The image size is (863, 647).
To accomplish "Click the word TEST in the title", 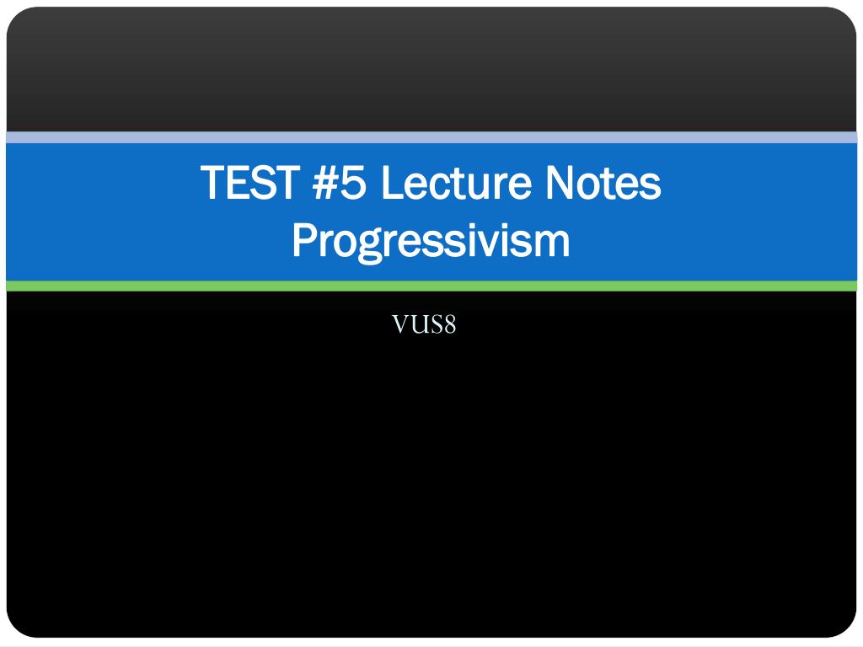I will [250, 183].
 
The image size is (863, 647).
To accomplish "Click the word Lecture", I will [453, 183].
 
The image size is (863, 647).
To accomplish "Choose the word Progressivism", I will [431, 241].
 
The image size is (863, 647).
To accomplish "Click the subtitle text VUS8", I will [424, 324].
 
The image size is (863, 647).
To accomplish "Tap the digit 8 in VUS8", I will [450, 324].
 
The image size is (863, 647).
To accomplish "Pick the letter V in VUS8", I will [400, 324].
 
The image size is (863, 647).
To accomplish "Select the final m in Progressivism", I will [553, 242].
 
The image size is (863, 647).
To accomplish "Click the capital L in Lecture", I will [391, 183].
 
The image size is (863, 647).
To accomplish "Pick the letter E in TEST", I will [240, 183].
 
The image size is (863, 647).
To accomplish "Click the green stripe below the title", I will [431, 286].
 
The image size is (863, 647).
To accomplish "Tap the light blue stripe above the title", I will [431, 137].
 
